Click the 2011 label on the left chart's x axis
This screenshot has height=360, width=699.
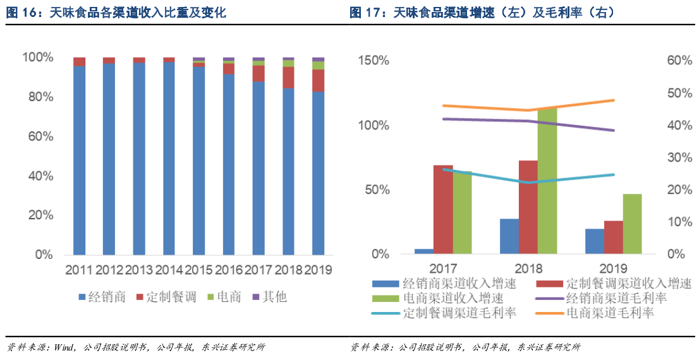coord(80,270)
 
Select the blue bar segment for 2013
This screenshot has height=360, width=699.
coord(139,158)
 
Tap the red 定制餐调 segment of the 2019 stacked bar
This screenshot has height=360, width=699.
coord(318,80)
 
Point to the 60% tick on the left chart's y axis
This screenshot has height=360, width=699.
coord(40,136)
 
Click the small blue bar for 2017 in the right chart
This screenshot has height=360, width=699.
coord(424,251)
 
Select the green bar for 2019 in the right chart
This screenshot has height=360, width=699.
coord(632,224)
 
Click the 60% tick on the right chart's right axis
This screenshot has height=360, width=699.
coord(679,61)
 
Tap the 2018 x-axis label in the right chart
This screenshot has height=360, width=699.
coord(528,268)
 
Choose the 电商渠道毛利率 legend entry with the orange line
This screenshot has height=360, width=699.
coord(609,313)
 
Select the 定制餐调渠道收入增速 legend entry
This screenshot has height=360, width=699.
coord(628,283)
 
